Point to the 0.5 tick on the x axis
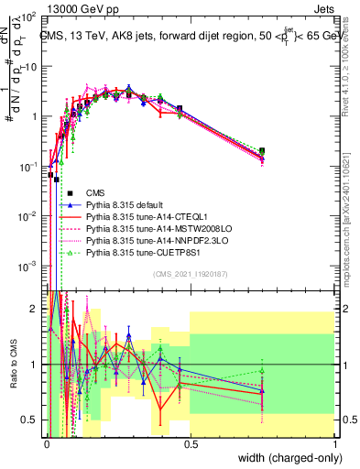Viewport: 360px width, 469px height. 190,444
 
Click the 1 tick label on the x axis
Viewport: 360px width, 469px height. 334,444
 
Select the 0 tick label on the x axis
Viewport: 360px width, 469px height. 47,444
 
